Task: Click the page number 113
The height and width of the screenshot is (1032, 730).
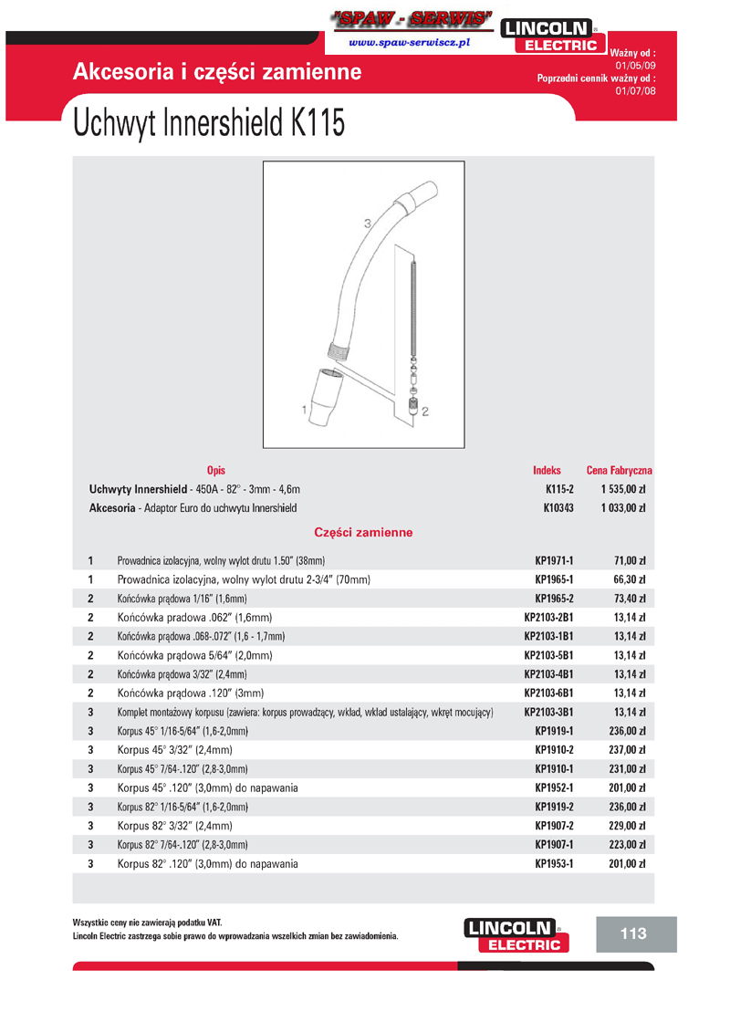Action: pos(632,933)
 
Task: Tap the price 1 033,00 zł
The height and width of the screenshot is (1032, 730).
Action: pos(623,507)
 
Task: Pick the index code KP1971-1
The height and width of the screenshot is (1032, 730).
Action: pos(554,560)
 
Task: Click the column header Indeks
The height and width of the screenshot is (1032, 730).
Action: pos(547,471)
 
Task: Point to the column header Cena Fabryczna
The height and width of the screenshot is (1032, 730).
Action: pos(619,471)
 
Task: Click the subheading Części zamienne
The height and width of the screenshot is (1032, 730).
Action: pos(363,532)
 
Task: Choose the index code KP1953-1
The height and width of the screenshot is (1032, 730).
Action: pos(554,863)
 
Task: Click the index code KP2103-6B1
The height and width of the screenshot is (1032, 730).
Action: pos(548,693)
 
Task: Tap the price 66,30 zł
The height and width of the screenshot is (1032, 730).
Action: pos(629,579)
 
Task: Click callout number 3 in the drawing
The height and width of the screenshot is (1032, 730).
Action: pos(367,224)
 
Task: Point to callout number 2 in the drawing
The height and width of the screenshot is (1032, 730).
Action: pos(425,412)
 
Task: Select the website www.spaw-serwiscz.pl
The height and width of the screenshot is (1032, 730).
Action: pos(408,43)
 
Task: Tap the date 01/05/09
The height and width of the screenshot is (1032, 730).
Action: pos(635,67)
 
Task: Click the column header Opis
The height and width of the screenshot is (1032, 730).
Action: pos(216,471)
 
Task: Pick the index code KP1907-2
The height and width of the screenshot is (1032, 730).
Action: pos(554,826)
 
